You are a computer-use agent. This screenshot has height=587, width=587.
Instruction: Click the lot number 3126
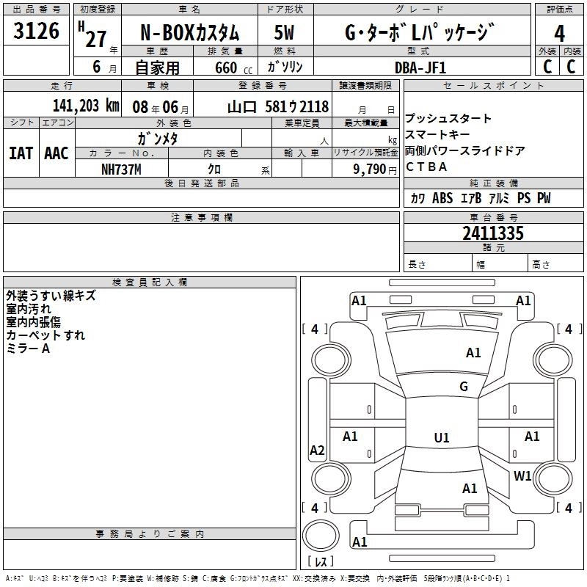(x=37, y=31)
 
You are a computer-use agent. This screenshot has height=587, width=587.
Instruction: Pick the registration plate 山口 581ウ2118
(x=277, y=106)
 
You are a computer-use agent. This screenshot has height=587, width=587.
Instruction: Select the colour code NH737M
(x=120, y=169)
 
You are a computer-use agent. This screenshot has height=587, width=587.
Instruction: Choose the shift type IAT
(x=21, y=153)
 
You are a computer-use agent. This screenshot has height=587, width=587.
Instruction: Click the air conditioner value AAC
(x=56, y=153)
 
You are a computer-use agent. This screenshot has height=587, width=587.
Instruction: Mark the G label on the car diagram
(x=464, y=387)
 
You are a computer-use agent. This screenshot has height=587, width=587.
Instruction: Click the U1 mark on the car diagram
(x=442, y=438)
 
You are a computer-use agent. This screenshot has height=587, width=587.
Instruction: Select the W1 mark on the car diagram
(x=522, y=475)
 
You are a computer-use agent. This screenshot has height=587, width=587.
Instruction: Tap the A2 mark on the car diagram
(x=317, y=451)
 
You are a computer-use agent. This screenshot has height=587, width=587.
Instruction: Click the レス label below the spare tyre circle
(x=320, y=562)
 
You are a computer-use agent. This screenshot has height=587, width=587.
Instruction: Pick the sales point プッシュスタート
(x=448, y=119)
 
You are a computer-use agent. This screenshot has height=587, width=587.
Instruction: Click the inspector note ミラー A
(x=29, y=349)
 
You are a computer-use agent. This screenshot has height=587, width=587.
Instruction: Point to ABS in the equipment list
(x=442, y=198)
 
